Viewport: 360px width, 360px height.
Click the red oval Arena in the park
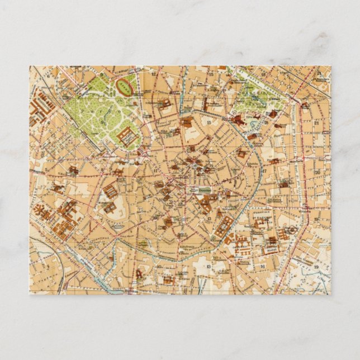tap(124, 86)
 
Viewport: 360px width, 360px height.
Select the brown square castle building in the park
tap(128, 136)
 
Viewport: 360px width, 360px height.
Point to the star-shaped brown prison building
tap(42, 211)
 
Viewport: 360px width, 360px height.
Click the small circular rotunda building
tap(291, 230)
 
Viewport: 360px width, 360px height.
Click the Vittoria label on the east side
tap(305, 212)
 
